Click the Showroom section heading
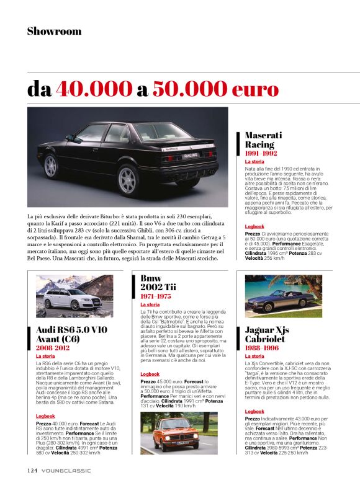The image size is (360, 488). coord(54,31)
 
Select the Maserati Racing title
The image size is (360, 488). coord(264,140)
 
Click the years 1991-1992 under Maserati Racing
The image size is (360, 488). coord(261,153)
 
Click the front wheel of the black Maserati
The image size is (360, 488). coord(52,166)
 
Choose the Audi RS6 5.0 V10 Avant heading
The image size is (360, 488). coord(68,334)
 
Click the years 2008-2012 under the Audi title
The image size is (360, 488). coord(53,348)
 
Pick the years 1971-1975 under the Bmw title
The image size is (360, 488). coord(155,296)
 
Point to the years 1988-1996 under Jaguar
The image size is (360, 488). coord(262,348)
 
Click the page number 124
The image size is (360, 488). coord(32,470)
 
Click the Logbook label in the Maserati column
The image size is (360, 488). coord(254,226)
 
